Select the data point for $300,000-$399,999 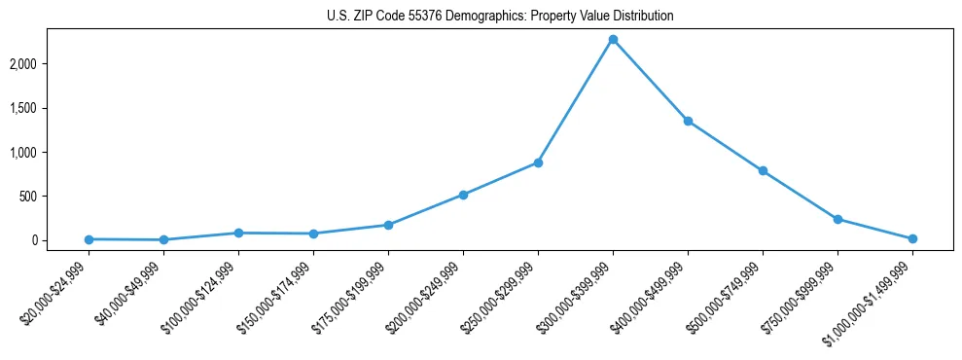pos(613,39)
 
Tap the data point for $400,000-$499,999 pos(688,121)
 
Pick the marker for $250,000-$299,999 pos(538,162)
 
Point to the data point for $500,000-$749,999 pos(763,170)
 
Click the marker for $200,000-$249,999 pos(463,195)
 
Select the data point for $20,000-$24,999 pos(89,239)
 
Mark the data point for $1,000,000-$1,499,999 pos(912,238)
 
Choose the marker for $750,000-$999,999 pos(837,219)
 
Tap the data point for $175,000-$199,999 pos(388,225)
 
